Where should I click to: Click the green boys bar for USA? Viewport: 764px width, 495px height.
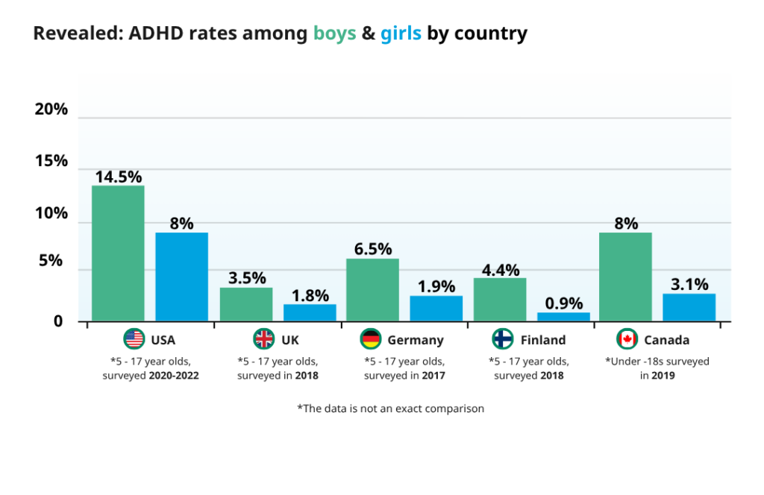tap(118, 253)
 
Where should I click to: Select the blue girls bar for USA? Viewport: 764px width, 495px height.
tap(181, 277)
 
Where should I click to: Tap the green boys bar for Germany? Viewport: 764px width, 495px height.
tap(372, 290)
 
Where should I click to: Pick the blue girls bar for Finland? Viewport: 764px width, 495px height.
tap(563, 317)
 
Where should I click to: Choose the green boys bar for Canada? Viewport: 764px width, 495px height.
tap(625, 277)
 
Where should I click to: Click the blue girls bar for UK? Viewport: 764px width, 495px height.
tap(310, 312)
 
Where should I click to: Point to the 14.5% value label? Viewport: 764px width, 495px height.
tap(118, 177)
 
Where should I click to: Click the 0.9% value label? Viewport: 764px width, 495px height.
tap(563, 303)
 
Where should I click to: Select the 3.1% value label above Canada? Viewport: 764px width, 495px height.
tap(689, 284)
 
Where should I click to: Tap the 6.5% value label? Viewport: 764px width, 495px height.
tap(372, 249)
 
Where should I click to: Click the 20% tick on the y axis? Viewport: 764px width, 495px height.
tap(51, 110)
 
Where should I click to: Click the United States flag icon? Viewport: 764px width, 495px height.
tap(134, 339)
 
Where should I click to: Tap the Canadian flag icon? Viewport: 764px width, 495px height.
tap(627, 339)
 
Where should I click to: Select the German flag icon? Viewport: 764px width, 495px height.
tap(371, 339)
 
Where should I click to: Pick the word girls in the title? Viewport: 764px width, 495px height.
tap(401, 34)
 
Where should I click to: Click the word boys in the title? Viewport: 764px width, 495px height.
tap(334, 34)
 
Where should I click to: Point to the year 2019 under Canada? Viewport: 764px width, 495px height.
tap(662, 376)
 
